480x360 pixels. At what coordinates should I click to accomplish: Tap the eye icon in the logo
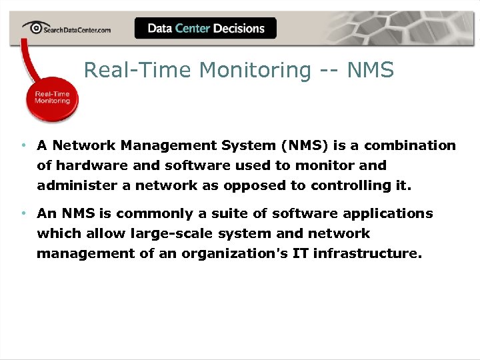[33, 27]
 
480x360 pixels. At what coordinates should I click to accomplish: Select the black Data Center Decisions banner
[205, 28]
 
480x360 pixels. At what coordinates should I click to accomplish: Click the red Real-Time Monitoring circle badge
[53, 97]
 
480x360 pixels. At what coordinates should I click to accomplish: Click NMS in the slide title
[370, 69]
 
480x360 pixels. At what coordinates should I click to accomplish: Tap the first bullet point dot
[23, 145]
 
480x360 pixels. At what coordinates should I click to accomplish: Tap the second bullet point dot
[23, 213]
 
